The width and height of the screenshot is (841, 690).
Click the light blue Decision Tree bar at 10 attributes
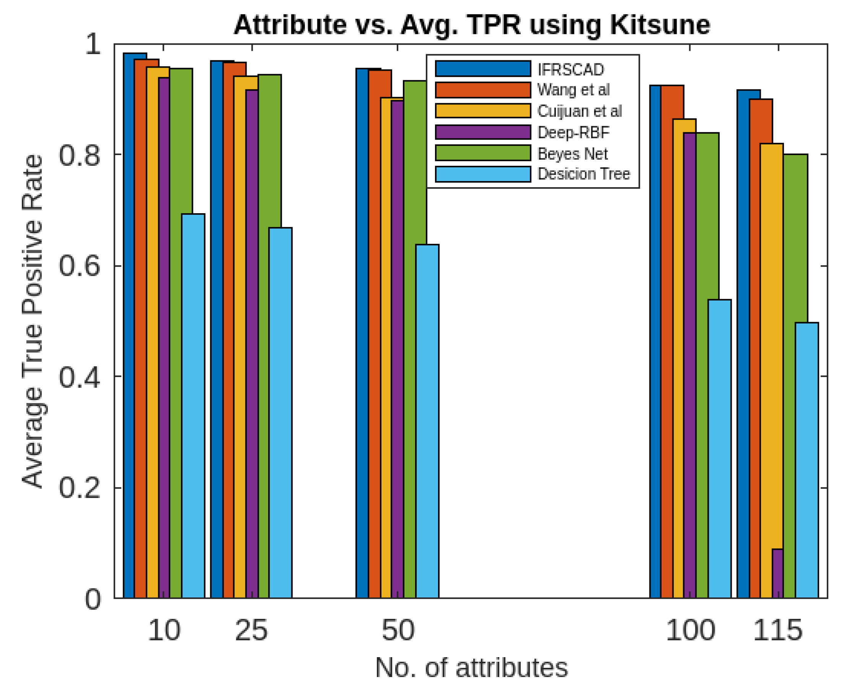point(193,405)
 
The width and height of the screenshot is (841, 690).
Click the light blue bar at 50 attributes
point(427,421)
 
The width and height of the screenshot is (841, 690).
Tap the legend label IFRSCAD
point(570,70)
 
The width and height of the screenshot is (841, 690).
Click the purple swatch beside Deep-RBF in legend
point(483,132)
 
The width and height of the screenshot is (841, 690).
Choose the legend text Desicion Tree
point(583,174)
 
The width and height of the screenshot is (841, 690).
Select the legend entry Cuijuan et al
point(579,111)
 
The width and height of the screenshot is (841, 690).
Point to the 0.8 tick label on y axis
point(80,155)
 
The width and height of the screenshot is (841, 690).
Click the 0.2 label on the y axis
point(80,488)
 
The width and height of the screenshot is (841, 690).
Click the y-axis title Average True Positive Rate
point(32,321)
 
